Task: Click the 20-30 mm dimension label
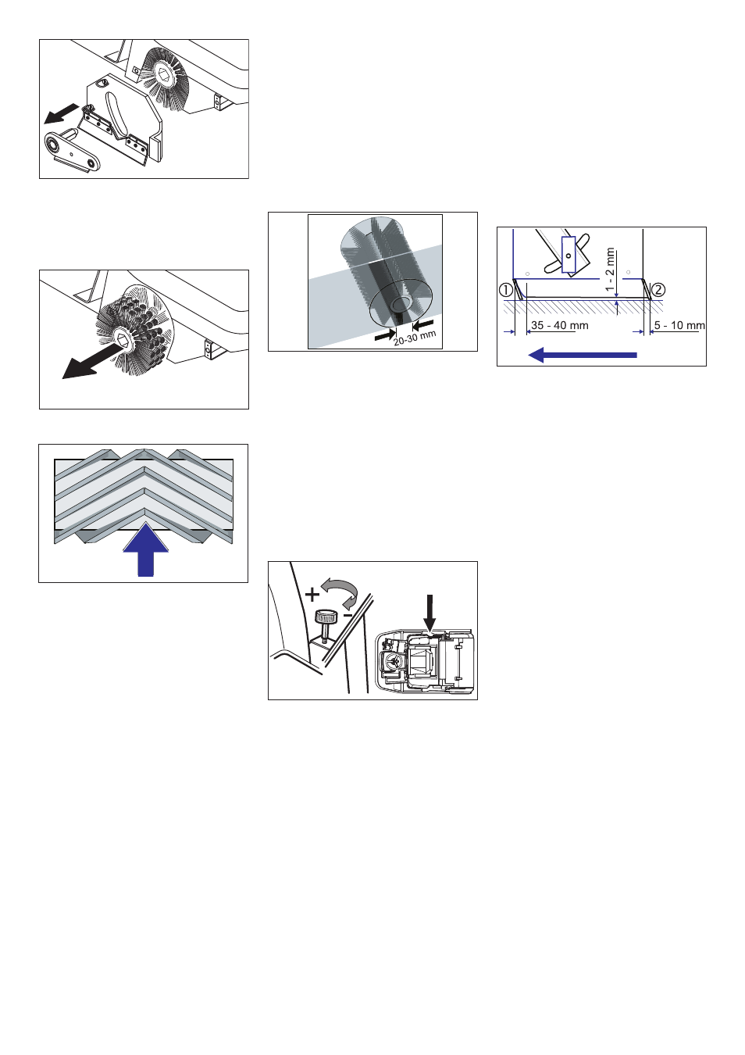point(415,338)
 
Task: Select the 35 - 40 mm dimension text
point(560,325)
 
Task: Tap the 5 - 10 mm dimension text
point(679,325)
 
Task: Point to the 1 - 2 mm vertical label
point(611,270)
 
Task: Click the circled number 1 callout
point(505,288)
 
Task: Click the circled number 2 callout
point(658,288)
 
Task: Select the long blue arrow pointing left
point(583,355)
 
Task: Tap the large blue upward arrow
point(146,549)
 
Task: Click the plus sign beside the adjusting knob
point(312,595)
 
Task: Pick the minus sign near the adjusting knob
point(348,615)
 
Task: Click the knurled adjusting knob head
point(324,617)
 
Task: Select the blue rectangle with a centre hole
point(569,255)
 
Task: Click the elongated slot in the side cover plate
point(114,114)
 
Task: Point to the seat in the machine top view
point(422,657)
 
